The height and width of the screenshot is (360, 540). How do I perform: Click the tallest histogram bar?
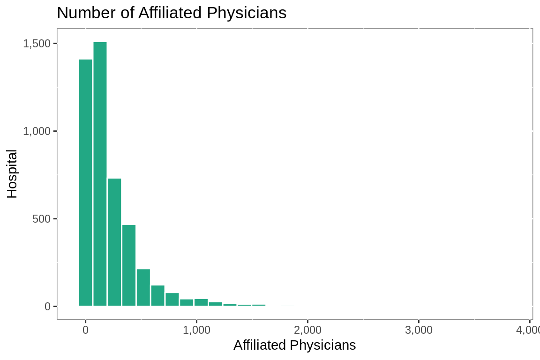pos(100,173)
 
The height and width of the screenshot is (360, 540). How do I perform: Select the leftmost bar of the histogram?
pos(85,183)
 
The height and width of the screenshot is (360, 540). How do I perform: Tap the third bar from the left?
pos(114,242)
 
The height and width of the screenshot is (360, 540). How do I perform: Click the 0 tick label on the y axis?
pos(47,307)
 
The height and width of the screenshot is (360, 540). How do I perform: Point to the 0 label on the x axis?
pos(85,330)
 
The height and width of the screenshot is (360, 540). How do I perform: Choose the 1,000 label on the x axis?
pos(196,330)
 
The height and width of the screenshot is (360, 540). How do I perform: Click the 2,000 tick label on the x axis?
pos(307,330)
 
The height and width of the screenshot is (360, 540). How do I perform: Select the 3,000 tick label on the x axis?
pos(419,330)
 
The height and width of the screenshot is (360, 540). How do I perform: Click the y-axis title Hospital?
pos(12,173)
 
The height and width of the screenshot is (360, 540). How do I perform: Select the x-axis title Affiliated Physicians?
pos(294,345)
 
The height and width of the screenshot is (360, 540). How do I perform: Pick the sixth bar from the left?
pos(157,295)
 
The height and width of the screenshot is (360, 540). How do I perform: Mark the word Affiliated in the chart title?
pos(172,13)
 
